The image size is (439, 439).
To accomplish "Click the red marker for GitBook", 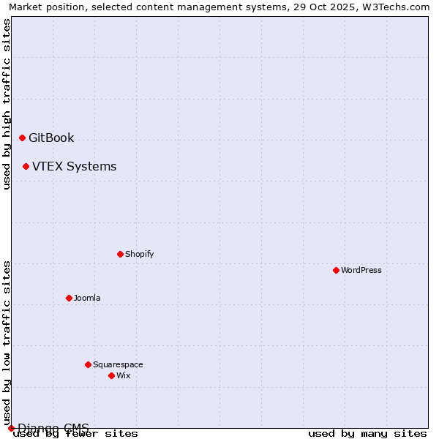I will [22, 138].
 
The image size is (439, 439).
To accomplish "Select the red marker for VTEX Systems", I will [26, 166].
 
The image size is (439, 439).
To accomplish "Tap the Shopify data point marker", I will [120, 254].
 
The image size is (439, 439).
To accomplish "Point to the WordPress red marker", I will [336, 270].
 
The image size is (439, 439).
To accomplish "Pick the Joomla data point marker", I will [69, 298].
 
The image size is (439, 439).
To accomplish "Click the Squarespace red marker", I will [88, 364].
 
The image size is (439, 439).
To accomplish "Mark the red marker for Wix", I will [111, 375].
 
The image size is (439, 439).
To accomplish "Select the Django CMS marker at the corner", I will [11, 428].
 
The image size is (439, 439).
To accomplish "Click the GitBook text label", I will [51, 138].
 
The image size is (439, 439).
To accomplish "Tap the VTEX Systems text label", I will [74, 166].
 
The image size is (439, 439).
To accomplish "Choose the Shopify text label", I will [139, 254].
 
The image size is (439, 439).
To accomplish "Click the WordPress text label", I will [361, 270].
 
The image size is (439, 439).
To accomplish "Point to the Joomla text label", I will [87, 298].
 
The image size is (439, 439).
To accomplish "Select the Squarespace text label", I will [118, 364].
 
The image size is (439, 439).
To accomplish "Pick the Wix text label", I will [123, 375].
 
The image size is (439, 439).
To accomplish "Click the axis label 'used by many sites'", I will [367, 433].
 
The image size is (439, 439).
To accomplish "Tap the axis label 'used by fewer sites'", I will [76, 433].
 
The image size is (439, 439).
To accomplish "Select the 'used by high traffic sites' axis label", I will [7, 105].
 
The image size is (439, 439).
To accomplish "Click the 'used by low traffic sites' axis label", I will [7, 342].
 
